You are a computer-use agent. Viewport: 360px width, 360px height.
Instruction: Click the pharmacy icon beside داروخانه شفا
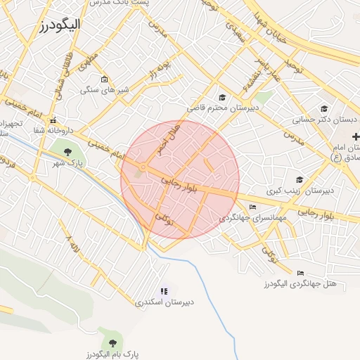tap(53, 120)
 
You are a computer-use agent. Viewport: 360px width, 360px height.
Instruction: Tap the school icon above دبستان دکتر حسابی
tap(324, 108)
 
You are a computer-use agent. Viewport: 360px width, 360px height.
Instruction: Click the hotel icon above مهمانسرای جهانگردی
tap(252, 207)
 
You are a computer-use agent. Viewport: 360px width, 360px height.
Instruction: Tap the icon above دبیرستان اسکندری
tap(165, 290)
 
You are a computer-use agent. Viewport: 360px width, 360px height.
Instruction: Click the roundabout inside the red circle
tap(143, 167)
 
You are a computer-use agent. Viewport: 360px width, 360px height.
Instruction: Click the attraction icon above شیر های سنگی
tap(104, 79)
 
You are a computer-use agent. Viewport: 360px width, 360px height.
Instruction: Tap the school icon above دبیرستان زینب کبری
tap(300, 179)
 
